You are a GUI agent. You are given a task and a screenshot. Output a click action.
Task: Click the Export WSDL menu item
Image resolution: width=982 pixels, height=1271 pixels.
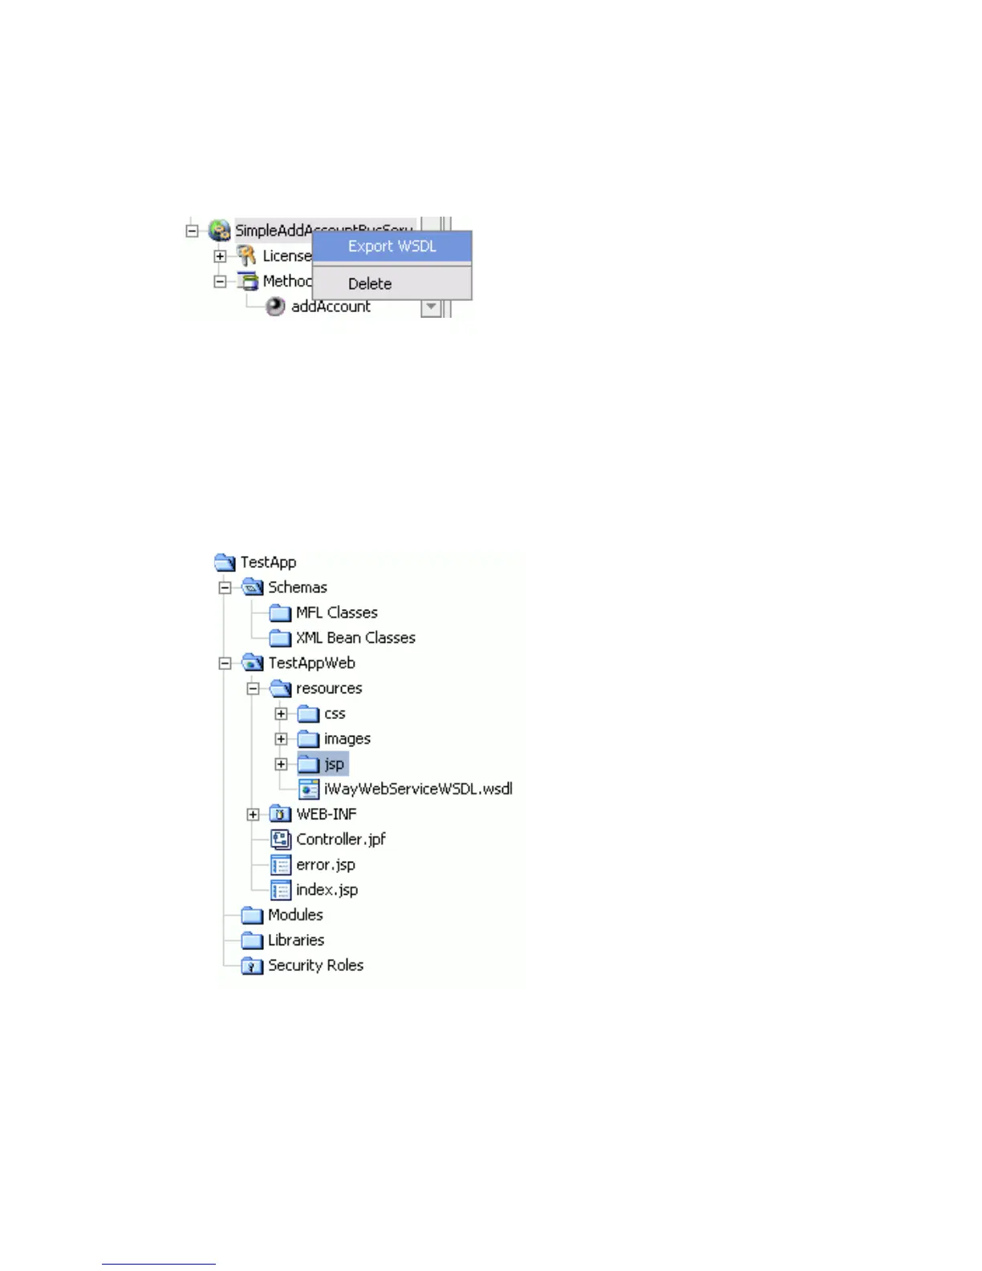[x=392, y=246]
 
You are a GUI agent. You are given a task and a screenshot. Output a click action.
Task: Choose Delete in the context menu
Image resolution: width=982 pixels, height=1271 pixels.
[x=370, y=284]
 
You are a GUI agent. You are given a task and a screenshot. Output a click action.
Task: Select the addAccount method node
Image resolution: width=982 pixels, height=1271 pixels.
[x=331, y=307]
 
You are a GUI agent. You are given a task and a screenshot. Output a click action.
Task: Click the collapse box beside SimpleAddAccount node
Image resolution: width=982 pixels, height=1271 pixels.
[x=192, y=231]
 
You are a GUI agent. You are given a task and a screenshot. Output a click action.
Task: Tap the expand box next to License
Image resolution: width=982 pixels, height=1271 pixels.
[x=220, y=256]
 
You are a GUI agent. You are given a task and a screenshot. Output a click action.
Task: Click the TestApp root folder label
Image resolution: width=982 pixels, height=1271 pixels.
[x=268, y=562]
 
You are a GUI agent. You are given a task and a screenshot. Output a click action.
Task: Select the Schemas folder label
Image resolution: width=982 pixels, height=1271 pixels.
[x=297, y=587]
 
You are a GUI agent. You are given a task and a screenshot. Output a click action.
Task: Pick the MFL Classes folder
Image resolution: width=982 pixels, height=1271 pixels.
[x=336, y=613]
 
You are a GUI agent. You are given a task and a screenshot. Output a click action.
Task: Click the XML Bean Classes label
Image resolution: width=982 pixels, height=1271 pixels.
[x=355, y=638]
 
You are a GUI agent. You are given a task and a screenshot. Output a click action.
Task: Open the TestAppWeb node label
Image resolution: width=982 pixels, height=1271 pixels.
[x=311, y=663]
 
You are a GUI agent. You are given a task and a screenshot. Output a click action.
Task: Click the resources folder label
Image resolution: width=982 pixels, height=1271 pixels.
[x=329, y=688]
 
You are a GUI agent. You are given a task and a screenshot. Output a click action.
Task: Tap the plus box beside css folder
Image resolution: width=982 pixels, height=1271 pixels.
[x=281, y=713]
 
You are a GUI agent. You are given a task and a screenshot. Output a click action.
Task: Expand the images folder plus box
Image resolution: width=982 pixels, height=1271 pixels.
[x=281, y=739]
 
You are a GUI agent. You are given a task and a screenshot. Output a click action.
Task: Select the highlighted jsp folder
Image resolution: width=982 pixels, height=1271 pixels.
[x=333, y=764]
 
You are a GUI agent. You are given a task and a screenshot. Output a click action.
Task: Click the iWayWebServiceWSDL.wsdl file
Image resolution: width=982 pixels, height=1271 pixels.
[x=417, y=789]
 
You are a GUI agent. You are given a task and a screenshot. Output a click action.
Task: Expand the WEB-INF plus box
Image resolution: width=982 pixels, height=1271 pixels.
[x=253, y=814]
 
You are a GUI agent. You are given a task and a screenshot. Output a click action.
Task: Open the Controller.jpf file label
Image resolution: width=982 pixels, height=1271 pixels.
[x=341, y=839]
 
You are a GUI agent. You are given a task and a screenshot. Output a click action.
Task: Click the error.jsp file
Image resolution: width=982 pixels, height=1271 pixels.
[x=325, y=865]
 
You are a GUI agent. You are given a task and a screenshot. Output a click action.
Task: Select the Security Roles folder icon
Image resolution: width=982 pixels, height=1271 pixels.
[x=252, y=966]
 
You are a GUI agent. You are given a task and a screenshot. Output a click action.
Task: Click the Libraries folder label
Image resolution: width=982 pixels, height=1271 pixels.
[x=296, y=940]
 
